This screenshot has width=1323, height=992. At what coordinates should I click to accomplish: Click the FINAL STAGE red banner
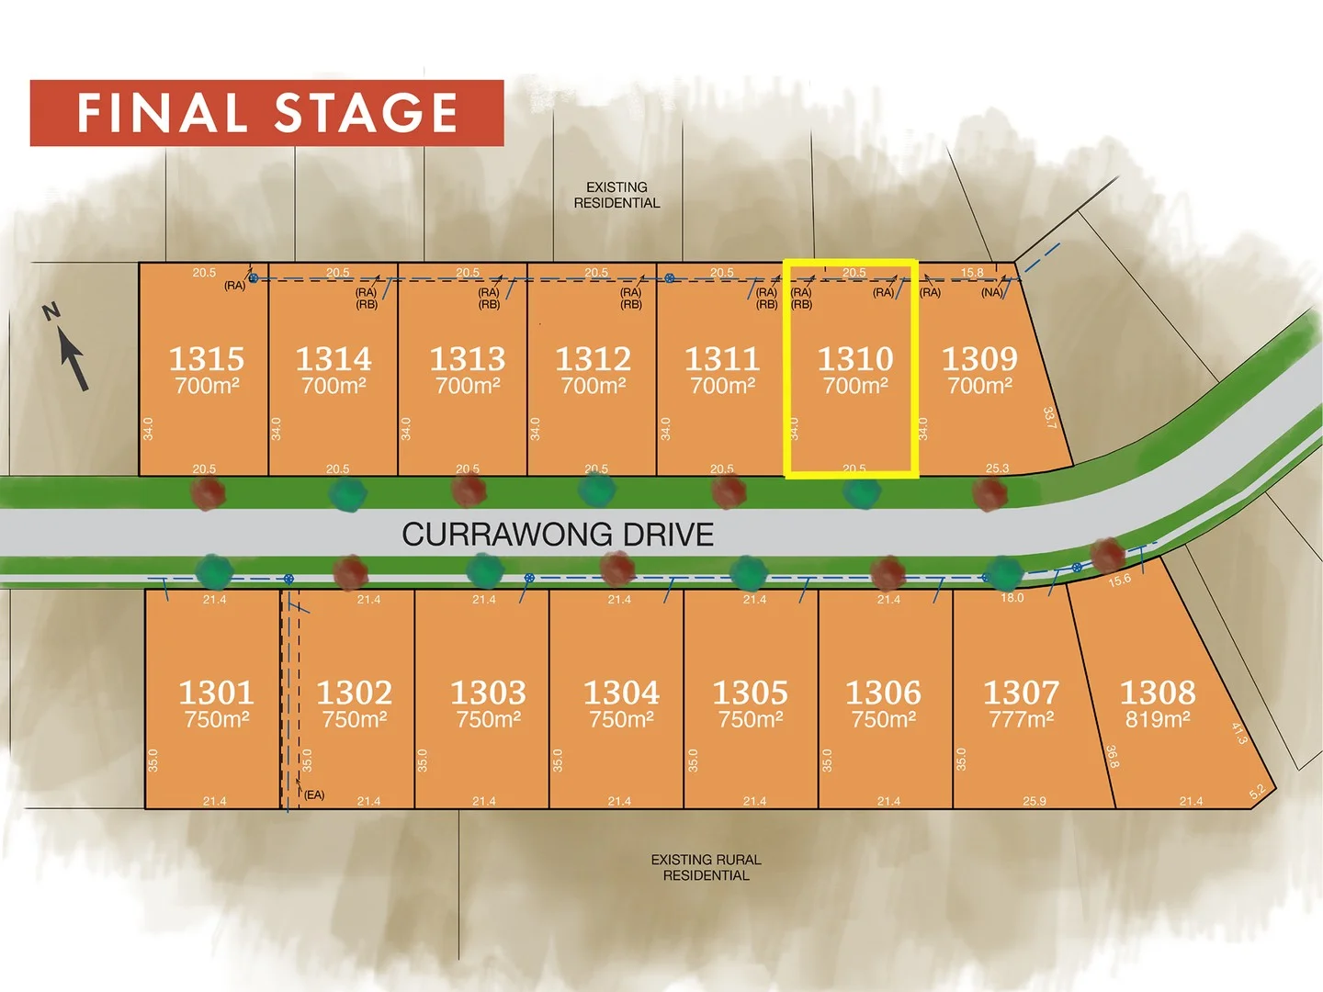tap(266, 113)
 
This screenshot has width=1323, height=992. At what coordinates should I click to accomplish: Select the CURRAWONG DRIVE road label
tap(558, 535)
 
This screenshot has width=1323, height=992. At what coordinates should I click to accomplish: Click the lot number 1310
tap(855, 358)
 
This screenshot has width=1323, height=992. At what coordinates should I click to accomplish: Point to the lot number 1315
tap(207, 358)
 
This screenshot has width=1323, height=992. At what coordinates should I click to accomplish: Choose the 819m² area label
tap(1158, 719)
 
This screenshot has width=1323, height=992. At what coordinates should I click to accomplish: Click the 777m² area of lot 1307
tap(1021, 719)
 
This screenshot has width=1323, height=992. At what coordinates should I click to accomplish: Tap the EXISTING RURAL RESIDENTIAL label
tap(706, 867)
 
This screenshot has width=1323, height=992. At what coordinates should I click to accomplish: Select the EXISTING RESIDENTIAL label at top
tap(616, 195)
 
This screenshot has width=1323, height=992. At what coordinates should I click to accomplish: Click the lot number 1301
tap(216, 692)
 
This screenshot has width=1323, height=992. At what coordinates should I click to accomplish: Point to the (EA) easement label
tap(314, 795)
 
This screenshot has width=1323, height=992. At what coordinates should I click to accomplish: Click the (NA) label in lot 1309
tap(991, 293)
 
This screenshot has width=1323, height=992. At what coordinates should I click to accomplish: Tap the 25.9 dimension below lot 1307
tap(1034, 801)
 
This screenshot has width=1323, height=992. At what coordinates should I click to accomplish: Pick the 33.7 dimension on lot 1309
tap(1049, 417)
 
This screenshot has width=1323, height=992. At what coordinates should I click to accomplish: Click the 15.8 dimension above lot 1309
tap(972, 273)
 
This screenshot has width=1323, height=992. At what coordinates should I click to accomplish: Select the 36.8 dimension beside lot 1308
tap(1112, 756)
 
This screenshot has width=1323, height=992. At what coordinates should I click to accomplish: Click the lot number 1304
tap(621, 692)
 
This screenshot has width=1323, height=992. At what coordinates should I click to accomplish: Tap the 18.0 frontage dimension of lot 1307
tap(1012, 598)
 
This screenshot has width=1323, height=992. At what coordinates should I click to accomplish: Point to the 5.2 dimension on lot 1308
tap(1257, 792)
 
